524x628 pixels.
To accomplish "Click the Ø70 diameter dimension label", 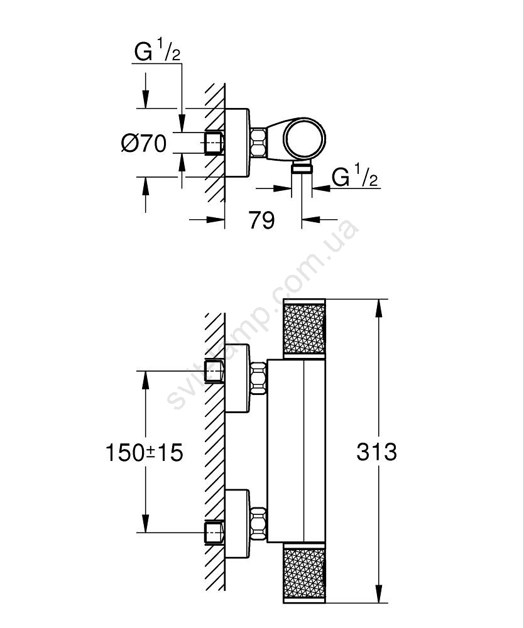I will pyautogui.click(x=144, y=144).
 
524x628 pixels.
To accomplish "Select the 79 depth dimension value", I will pyautogui.click(x=261, y=220).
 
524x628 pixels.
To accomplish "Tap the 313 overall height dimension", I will pyautogui.click(x=376, y=452).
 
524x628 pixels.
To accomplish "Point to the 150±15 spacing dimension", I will pyautogui.click(x=145, y=452).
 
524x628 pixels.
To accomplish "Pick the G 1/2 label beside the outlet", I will pyautogui.click(x=354, y=178).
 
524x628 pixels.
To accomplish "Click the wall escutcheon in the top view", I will pyautogui.click(x=237, y=143).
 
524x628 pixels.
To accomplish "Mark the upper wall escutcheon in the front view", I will pyautogui.click(x=237, y=378).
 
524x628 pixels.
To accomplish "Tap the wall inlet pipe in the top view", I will pyautogui.click(x=214, y=143).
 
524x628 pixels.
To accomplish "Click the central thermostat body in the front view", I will pyautogui.click(x=295, y=451).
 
